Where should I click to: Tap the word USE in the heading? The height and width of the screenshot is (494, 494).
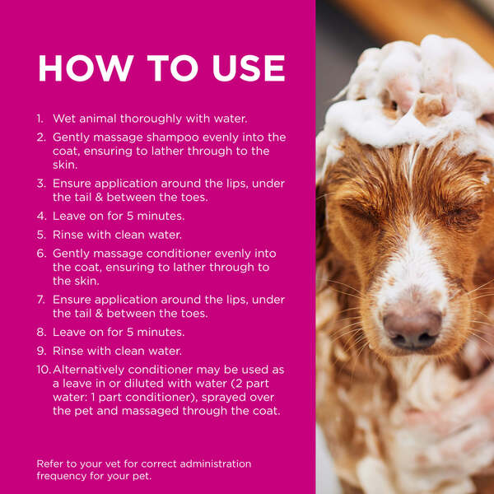coord(249,68)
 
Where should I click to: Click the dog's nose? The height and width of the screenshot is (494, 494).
coord(412,330)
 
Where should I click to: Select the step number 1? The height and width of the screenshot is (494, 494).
coord(40,119)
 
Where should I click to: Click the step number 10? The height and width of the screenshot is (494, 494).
coord(44,370)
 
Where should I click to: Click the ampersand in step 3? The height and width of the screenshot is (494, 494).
coord(100,198)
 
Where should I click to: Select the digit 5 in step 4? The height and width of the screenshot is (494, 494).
coord(130,216)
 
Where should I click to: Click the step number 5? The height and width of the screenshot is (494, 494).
coord(41,235)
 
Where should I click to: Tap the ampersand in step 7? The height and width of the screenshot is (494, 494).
coord(100,314)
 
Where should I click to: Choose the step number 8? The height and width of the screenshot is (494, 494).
coord(41,332)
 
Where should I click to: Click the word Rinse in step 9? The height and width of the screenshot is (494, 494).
coord(68,351)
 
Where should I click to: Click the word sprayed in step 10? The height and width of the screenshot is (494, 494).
coord(224,398)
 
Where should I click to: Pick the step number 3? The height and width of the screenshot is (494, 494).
coord(41,184)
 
